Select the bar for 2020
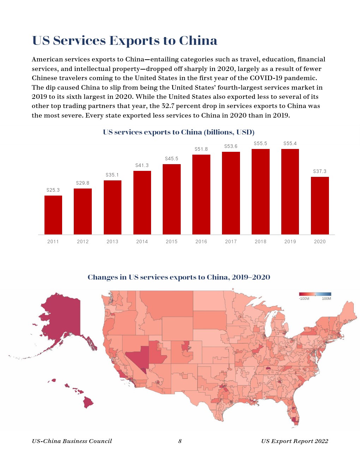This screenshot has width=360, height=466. [320, 205]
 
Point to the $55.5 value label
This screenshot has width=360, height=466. [260, 144]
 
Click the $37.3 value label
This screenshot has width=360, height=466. [320, 172]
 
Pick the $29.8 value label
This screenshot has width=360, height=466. [83, 183]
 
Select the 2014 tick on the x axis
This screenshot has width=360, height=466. [142, 241]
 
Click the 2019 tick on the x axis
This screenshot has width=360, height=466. [290, 241]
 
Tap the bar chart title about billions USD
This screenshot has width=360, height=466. [179, 132]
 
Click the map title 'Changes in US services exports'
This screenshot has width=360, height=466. [179, 277]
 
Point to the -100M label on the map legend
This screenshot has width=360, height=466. [304, 299]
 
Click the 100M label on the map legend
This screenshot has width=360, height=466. [326, 299]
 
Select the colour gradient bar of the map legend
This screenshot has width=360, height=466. [315, 294]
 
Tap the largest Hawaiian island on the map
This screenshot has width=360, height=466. [88, 402]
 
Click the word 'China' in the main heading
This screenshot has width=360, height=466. [198, 41]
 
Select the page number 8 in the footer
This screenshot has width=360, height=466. [180, 441]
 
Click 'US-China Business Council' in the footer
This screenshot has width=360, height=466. [72, 441]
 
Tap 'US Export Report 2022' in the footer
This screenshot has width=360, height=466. [295, 441]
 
